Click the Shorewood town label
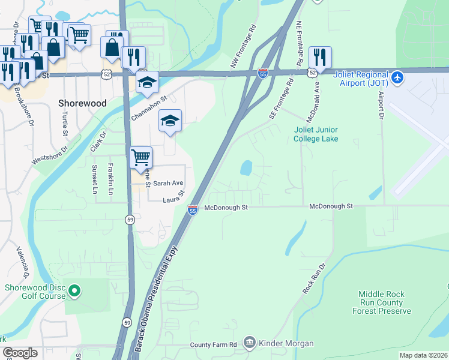click(x=82, y=103)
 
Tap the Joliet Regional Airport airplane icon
click(x=397, y=77)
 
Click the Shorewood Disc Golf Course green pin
click(x=74, y=292)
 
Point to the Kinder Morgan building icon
click(x=250, y=343)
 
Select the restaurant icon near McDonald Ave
click(x=321, y=58)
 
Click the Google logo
click(x=20, y=353)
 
